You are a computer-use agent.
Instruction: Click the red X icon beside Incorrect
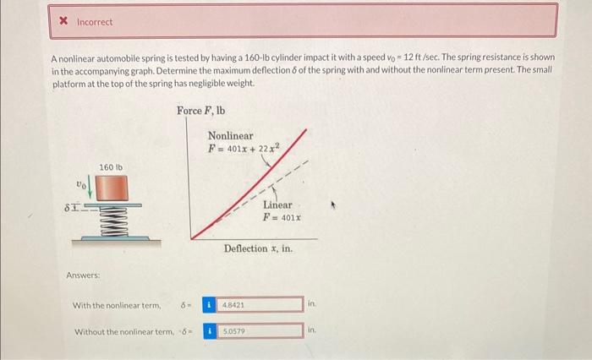tap(63, 21)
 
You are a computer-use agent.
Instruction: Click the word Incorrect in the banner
tap(95, 22)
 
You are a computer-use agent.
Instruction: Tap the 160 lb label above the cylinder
tap(111, 167)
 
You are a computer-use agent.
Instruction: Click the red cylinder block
tap(112, 188)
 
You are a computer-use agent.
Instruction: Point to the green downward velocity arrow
tap(90, 187)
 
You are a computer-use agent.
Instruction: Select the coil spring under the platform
tap(113, 221)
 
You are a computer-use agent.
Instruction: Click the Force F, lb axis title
tap(201, 111)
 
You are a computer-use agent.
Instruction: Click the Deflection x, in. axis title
tap(258, 248)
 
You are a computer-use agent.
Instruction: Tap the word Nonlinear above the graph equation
tap(231, 135)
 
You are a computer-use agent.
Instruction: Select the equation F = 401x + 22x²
tap(244, 148)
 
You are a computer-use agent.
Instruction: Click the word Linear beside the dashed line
tap(277, 205)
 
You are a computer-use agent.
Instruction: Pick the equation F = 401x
tap(282, 218)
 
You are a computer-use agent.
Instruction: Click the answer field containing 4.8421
tap(260, 304)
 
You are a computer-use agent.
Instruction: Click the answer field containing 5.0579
tap(260, 331)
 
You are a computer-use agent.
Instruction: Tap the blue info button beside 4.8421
tap(209, 304)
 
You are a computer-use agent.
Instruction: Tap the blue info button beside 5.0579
tap(209, 331)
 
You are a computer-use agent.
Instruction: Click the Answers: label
tap(83, 275)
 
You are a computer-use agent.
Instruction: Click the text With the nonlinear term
tap(117, 305)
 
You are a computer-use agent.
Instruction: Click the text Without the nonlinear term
tap(124, 332)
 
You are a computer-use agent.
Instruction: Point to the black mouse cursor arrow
tap(333, 205)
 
